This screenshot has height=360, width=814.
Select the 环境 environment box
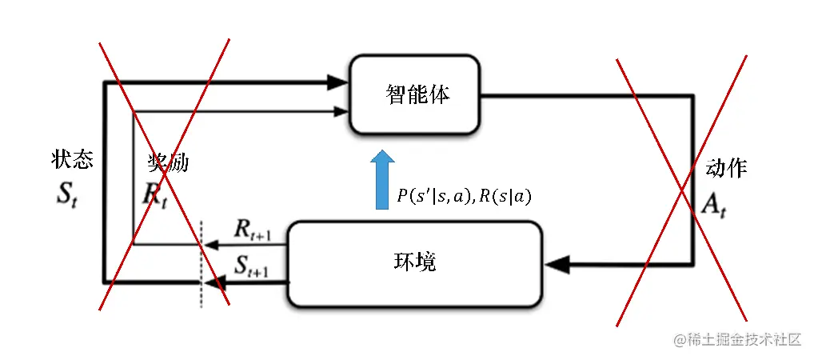(414, 263)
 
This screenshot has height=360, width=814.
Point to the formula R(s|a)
(504, 197)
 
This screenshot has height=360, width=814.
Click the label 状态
(72, 160)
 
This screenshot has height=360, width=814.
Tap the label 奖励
(168, 162)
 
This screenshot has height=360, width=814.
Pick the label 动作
(726, 167)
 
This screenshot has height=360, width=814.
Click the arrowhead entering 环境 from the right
(557, 263)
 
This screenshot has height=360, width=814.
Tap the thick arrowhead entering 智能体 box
(339, 81)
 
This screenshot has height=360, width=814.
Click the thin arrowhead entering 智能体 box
(342, 111)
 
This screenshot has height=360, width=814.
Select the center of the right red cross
(682, 190)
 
